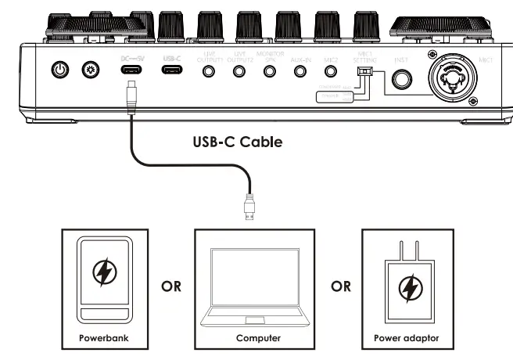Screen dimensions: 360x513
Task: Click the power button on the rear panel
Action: pyautogui.click(x=59, y=70)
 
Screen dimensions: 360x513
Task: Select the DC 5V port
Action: pyautogui.click(x=131, y=70)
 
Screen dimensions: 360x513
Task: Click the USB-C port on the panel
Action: pyautogui.click(x=172, y=70)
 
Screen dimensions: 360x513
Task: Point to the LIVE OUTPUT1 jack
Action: pyautogui.click(x=209, y=71)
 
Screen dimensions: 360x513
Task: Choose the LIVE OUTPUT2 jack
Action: pyautogui.click(x=239, y=71)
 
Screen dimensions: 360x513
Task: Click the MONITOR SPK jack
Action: pyautogui.click(x=270, y=71)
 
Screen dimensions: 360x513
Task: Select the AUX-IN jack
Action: pyautogui.click(x=300, y=71)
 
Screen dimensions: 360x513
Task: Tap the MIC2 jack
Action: pyautogui.click(x=330, y=71)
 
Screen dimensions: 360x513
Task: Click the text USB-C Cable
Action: pyautogui.click(x=237, y=143)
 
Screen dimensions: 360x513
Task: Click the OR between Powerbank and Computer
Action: pyautogui.click(x=171, y=286)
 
